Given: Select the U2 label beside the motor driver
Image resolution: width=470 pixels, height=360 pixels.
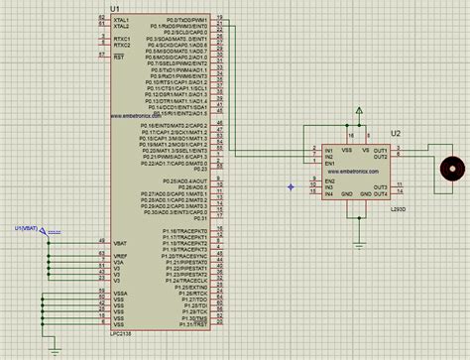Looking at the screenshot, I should (x=397, y=133).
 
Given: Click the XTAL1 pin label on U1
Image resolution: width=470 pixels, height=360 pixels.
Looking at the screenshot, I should (x=123, y=19).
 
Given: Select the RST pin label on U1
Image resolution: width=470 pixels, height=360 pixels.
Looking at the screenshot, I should (x=120, y=58).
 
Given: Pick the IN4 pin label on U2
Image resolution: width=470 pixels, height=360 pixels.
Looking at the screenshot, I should (x=328, y=192).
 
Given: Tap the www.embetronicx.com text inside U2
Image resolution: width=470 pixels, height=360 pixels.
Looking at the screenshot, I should (x=353, y=171).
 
